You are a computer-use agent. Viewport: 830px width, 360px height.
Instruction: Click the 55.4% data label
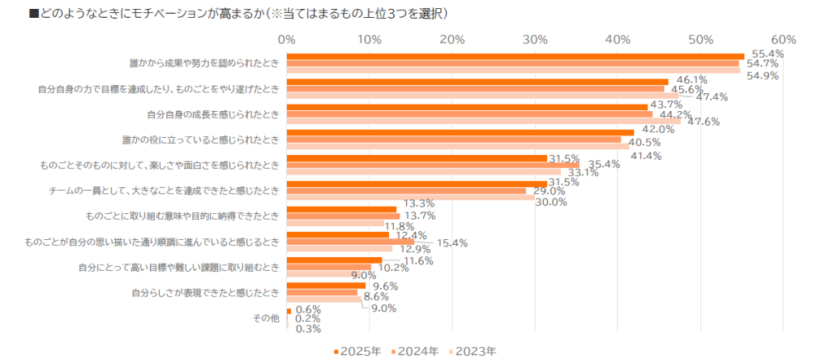coord(767,54)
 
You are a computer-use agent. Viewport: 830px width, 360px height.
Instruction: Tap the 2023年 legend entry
coord(473,351)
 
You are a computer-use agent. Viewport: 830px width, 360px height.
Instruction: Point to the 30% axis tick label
coord(535,39)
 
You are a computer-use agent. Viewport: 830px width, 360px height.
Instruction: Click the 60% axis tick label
coord(784,39)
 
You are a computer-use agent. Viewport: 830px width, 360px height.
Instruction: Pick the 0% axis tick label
coord(285,39)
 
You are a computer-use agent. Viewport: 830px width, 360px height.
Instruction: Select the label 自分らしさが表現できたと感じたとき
coord(206,292)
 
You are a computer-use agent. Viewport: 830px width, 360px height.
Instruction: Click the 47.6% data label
coord(704,122)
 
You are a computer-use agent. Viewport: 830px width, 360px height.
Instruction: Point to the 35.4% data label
coord(604,165)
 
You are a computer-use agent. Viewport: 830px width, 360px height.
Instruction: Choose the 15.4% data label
coord(453,242)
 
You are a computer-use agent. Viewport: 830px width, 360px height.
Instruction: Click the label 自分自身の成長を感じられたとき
coord(212,114)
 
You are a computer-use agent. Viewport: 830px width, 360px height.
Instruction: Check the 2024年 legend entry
coord(415,351)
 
